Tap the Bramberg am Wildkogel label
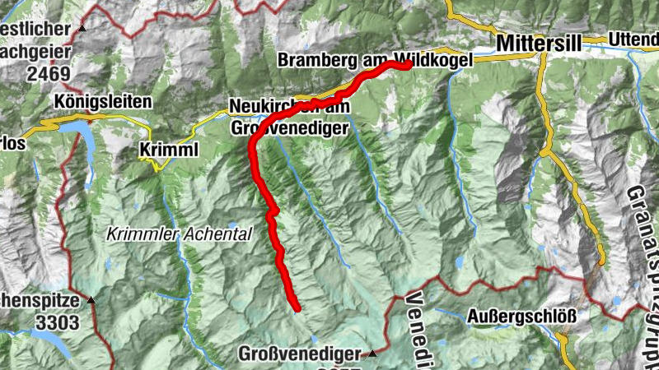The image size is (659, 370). click(x=375, y=60)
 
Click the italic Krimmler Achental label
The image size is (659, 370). click(x=179, y=234)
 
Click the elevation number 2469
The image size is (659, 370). click(x=49, y=72)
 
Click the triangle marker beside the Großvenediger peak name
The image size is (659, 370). click(x=372, y=353)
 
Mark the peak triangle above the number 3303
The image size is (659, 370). click(x=91, y=300)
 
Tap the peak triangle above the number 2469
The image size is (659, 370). click(x=82, y=30)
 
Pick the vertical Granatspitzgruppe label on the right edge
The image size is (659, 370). click(x=643, y=263)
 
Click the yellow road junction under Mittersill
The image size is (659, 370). click(x=543, y=56)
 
